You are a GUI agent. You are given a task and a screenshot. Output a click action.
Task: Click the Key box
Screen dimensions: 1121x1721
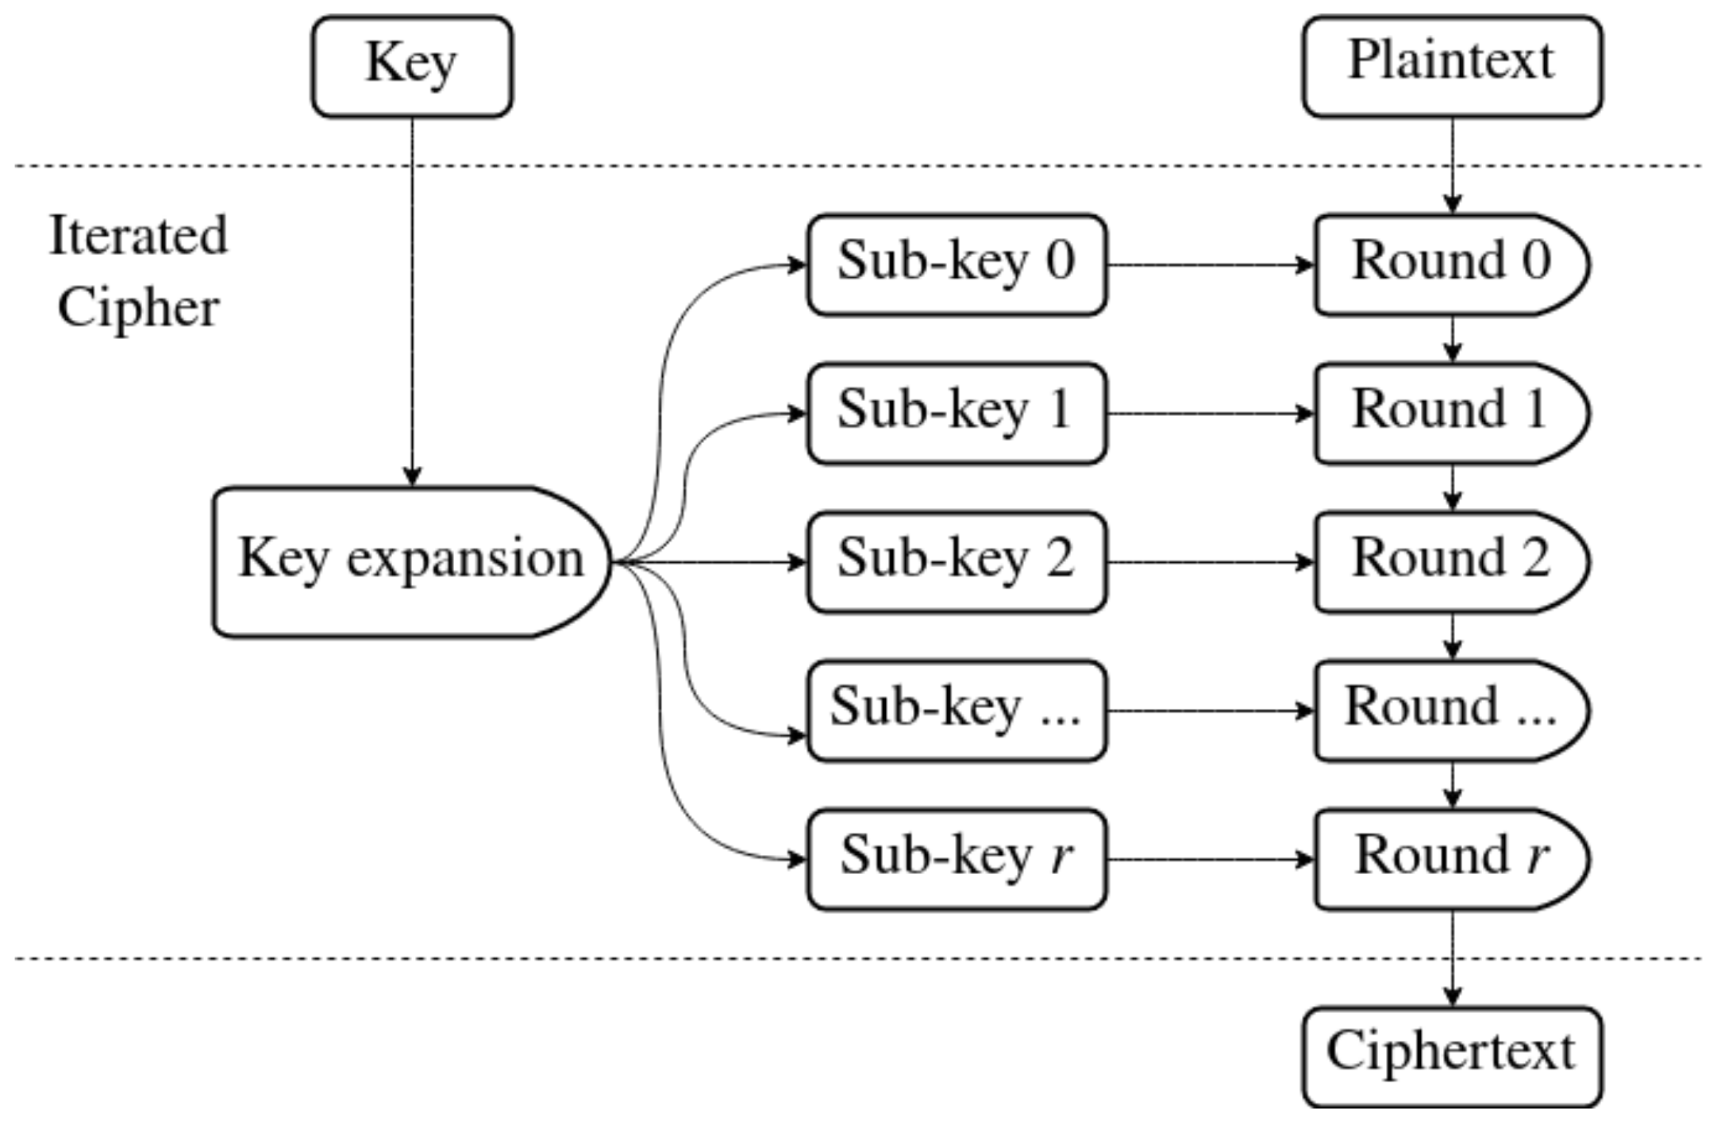411,67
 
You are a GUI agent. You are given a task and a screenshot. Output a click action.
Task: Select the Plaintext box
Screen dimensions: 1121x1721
1452,67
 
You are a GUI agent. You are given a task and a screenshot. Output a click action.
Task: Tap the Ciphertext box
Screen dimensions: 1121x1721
1452,1056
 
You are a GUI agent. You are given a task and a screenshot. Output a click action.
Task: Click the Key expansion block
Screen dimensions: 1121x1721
411,562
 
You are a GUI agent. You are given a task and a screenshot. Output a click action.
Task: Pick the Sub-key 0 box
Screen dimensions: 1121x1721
957,264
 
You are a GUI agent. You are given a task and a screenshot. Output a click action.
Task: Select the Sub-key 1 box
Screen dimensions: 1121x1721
957,413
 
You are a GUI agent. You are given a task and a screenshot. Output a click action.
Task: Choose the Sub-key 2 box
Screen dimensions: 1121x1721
957,562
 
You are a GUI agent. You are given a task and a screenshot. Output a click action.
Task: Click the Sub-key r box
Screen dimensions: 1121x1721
957,859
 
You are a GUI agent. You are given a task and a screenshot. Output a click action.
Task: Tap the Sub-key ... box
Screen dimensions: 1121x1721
957,711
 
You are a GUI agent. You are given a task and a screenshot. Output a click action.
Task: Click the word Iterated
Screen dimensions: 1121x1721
138,236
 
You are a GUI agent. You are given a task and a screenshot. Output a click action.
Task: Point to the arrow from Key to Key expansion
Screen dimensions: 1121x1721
411,302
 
